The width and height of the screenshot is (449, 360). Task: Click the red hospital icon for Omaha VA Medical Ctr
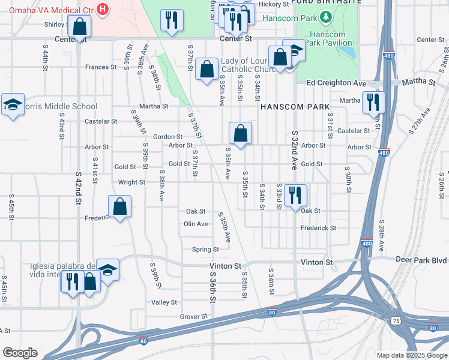(x=103, y=10)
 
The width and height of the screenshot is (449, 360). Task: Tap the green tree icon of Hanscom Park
(x=327, y=18)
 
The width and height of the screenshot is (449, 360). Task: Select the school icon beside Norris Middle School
(x=13, y=105)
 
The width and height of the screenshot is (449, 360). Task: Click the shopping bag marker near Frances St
(x=206, y=70)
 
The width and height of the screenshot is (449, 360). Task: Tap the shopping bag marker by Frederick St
(x=120, y=207)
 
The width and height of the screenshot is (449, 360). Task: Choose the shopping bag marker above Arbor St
(x=240, y=134)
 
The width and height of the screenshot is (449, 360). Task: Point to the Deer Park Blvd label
(x=421, y=260)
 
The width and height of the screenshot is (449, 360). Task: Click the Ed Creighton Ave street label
(x=336, y=82)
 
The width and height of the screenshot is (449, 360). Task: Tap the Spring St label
(x=205, y=250)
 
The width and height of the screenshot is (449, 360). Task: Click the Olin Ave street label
(x=196, y=224)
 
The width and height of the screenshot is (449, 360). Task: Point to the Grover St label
(x=193, y=316)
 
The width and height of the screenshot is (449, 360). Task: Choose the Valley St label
(x=164, y=302)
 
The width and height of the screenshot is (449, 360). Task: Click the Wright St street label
(x=131, y=182)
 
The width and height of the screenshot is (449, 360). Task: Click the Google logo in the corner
(x=20, y=353)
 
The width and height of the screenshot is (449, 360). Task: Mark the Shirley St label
(x=57, y=25)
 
